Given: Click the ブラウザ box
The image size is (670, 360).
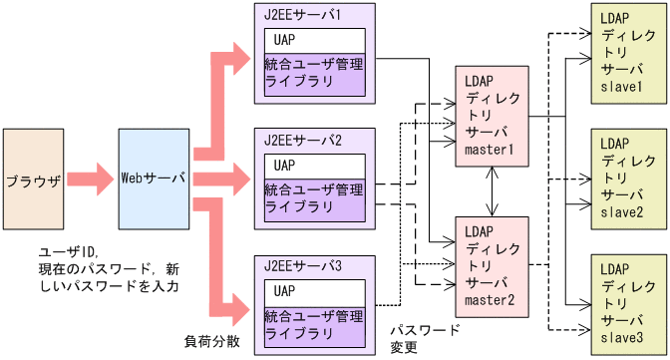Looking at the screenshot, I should [x=33, y=180].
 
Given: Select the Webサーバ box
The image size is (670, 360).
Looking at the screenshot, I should [x=154, y=180].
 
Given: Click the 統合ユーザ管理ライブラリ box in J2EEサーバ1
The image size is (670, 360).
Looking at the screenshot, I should [x=314, y=73].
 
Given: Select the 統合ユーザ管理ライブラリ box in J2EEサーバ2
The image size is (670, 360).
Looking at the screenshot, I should [x=314, y=197].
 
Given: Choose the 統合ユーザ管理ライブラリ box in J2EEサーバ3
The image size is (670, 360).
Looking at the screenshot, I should [x=314, y=324].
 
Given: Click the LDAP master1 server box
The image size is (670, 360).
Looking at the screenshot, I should [x=489, y=117].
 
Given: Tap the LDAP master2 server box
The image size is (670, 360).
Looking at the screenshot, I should [x=489, y=264].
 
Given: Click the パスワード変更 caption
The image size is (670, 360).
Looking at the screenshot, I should [x=424, y=338].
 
